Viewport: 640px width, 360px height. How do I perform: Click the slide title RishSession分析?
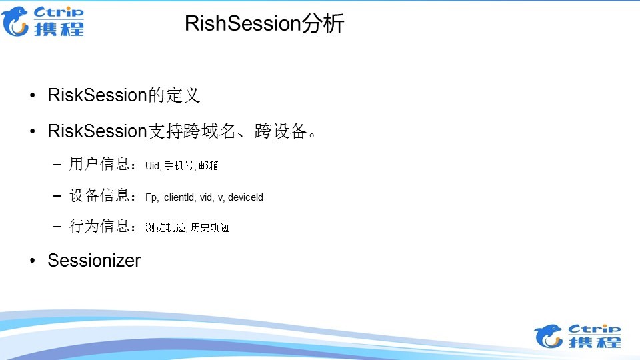264,24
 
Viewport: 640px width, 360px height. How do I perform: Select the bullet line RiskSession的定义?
123,95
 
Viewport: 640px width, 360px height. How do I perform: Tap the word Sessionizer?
94,260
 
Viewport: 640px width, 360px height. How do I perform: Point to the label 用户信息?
99,165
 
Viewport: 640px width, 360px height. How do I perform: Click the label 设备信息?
99,195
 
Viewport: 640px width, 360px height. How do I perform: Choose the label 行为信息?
99,227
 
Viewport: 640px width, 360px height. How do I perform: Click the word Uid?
152,166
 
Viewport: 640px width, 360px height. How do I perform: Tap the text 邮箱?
209,166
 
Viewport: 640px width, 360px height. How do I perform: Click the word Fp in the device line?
151,197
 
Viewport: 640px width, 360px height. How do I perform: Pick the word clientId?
179,197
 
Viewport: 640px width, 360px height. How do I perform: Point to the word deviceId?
245,197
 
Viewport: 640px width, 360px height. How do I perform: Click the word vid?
207,197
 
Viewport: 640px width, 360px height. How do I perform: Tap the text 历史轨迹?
210,228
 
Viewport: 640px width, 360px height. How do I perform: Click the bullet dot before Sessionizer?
33,261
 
